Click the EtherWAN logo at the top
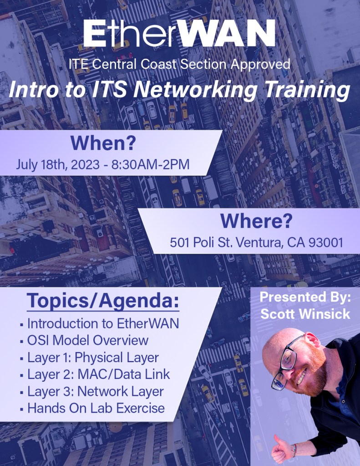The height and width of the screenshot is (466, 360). [x=179, y=34]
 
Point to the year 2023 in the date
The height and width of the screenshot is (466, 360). [x=85, y=164]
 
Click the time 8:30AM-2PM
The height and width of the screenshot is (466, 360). [x=151, y=164]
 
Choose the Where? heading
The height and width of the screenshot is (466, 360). [x=256, y=220]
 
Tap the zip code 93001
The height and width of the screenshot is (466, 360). [x=325, y=242]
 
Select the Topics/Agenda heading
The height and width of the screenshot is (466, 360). [x=103, y=301]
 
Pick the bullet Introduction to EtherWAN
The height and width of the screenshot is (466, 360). [x=103, y=323]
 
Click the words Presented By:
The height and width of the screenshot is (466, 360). [x=305, y=297]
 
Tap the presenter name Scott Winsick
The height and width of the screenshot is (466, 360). [x=305, y=314]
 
